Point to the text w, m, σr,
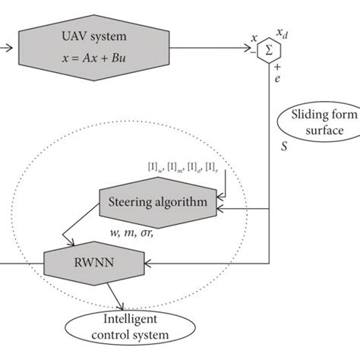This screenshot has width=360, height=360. pyautogui.click(x=131, y=230)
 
